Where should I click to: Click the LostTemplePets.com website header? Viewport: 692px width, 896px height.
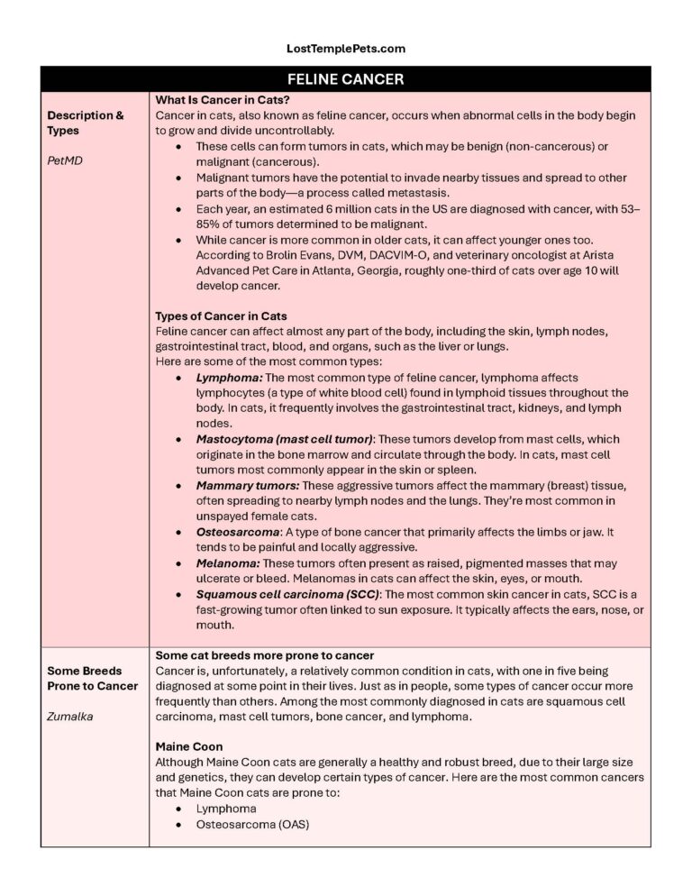346,49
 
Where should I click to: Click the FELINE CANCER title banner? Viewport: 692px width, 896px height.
346,79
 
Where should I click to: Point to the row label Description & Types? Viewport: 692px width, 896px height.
86,123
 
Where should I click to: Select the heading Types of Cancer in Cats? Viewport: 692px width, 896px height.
222,315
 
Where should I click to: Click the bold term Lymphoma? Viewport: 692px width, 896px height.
229,378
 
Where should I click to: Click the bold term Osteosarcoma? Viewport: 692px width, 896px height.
238,532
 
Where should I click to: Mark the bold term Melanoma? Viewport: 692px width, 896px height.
230,563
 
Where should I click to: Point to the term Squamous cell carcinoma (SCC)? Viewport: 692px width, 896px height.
287,594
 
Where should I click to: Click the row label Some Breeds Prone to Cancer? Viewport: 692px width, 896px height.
93,678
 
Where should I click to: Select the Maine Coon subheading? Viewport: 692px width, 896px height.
188,747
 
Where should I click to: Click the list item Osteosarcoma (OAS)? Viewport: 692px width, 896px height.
252,824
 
